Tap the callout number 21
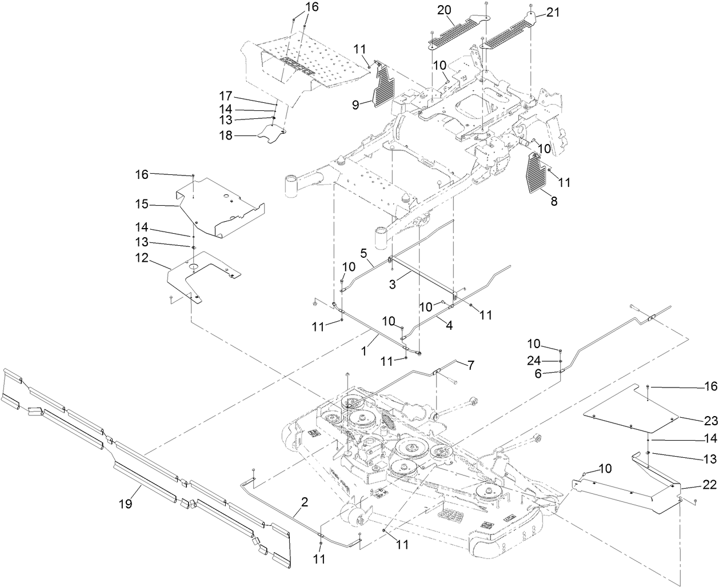click(553, 13)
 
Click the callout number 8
click(553, 201)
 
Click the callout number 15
click(141, 203)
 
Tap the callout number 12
click(141, 259)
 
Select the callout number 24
click(533, 361)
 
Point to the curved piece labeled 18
click(271, 135)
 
